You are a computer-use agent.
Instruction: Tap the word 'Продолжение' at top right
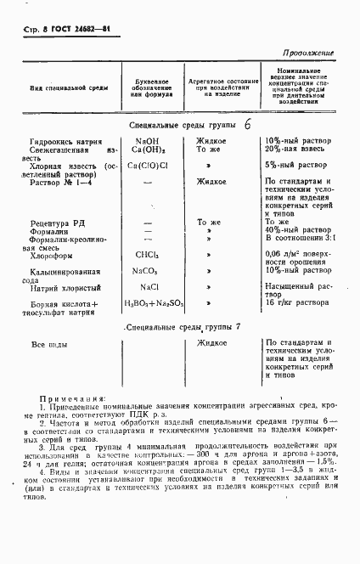(x=307, y=53)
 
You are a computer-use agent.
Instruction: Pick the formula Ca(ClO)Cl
(x=149, y=165)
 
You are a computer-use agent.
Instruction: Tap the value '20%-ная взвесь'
(x=294, y=149)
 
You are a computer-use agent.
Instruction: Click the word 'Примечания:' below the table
(x=77, y=398)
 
